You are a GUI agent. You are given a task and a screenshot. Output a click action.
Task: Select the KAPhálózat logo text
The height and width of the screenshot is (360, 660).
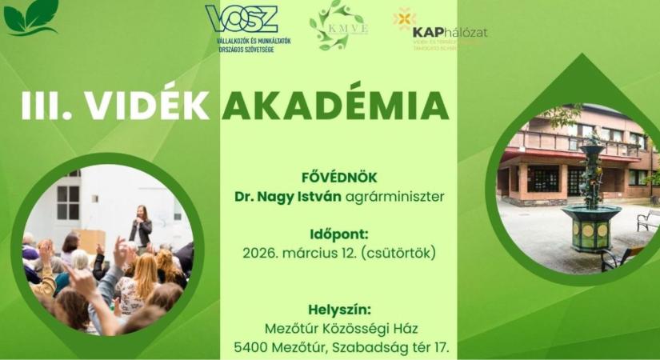449,32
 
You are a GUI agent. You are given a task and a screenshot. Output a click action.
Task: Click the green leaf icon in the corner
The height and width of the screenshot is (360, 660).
31,17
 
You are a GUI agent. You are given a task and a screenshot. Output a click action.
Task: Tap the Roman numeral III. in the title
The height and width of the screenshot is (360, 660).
48,106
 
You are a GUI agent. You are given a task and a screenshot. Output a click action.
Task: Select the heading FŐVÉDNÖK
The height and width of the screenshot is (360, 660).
338,178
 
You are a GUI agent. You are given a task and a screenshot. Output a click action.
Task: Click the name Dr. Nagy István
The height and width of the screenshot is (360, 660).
280,196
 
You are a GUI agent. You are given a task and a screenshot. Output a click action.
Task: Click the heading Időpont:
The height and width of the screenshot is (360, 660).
338,234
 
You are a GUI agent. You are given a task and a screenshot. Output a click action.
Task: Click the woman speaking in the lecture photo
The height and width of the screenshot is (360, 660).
141,226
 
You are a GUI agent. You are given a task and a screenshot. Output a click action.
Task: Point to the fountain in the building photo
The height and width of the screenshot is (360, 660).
591,199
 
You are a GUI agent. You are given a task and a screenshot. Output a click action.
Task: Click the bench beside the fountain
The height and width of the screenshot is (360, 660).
646,219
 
